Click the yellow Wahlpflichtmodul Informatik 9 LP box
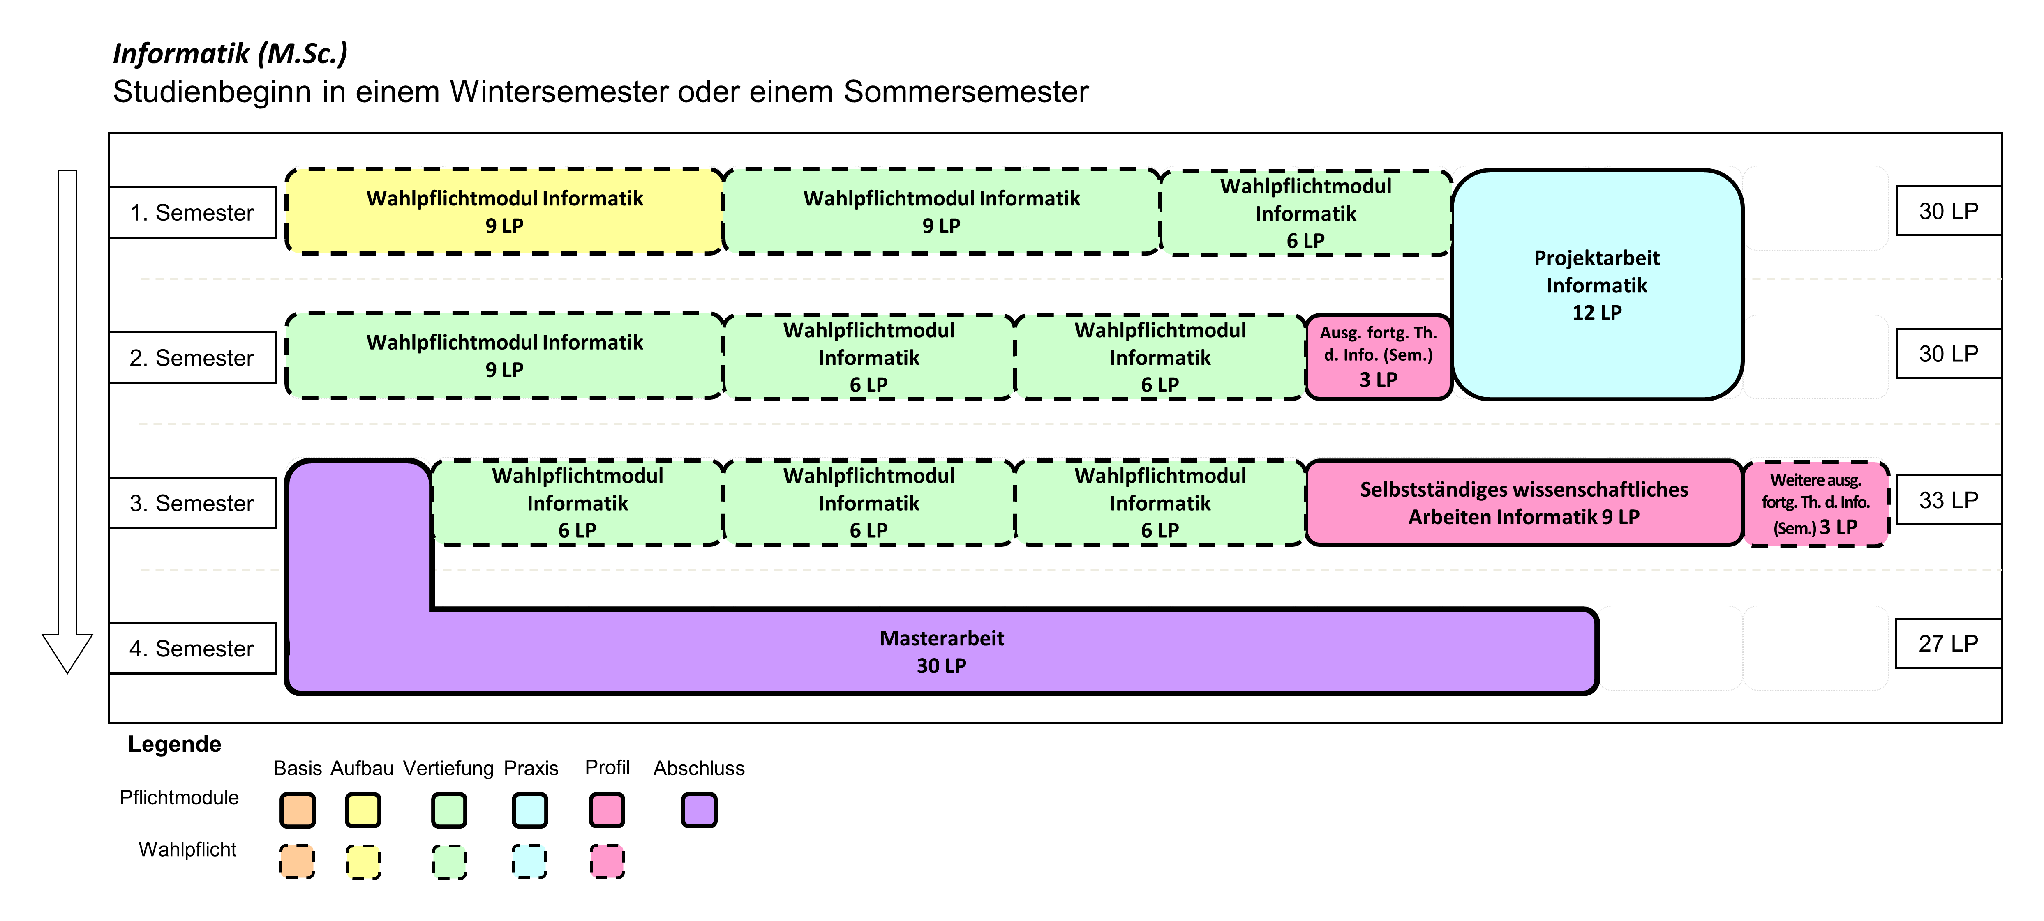click(505, 212)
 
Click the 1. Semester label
click(192, 213)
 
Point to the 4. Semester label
click(192, 648)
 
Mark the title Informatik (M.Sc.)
click(230, 53)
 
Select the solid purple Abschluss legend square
click(699, 810)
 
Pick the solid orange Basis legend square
click(298, 810)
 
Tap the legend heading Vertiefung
click(448, 768)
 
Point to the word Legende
click(175, 744)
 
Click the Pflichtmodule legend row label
click(179, 797)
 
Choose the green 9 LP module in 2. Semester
click(505, 356)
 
